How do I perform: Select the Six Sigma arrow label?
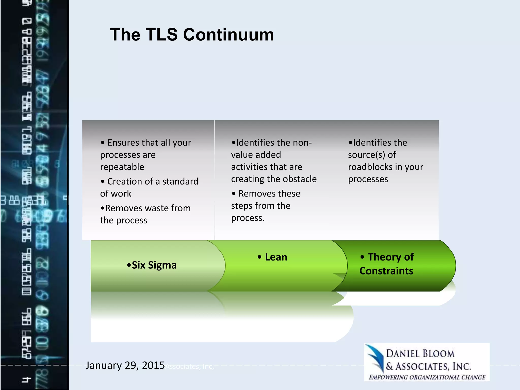click(x=152, y=265)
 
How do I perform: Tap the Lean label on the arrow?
click(x=276, y=257)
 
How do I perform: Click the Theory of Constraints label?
click(x=386, y=264)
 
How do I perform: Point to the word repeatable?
click(x=122, y=167)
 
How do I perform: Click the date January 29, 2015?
click(x=125, y=365)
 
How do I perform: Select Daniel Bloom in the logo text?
click(x=420, y=354)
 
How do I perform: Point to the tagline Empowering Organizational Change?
click(x=427, y=377)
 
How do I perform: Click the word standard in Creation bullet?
click(x=180, y=181)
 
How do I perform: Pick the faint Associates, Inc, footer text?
click(x=190, y=367)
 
